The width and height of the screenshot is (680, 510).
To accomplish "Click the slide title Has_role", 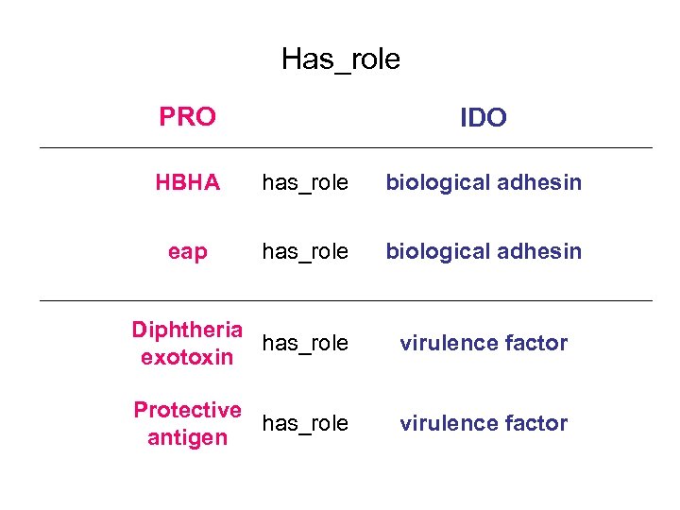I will click(340, 59).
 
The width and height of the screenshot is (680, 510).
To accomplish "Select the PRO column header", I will click(187, 117).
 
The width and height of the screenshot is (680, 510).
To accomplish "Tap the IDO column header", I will click(483, 118).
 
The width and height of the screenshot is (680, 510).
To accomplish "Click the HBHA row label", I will click(187, 182).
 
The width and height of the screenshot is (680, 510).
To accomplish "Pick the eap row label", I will click(187, 251).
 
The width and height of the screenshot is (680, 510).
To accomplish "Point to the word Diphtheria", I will click(187, 330).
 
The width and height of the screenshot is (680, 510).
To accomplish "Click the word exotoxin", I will click(187, 357).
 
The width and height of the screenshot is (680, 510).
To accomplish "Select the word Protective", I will click(187, 410).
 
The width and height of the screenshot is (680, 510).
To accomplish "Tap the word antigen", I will click(187, 437).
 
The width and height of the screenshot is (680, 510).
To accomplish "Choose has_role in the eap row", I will click(305, 252).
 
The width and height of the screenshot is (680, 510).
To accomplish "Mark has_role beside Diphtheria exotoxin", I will click(305, 344).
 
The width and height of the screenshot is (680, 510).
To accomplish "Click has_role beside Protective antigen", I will click(305, 424).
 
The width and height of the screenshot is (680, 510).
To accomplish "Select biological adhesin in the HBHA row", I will click(483, 182).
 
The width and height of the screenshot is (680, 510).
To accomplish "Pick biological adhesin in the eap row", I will click(483, 251).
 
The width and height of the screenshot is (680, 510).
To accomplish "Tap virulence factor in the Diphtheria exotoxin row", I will click(483, 343).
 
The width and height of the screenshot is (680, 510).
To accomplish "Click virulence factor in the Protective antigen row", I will click(483, 423).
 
